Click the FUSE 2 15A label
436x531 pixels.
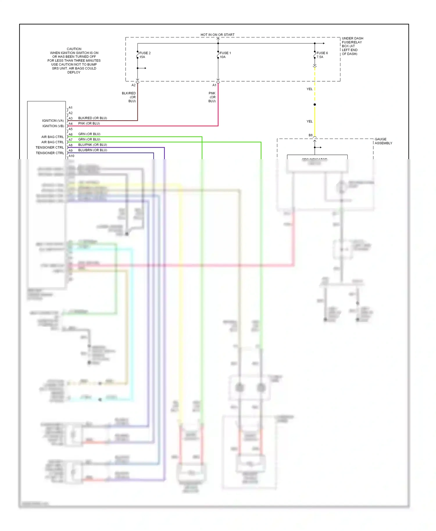(x=145, y=55)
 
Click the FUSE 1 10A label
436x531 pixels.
(x=225, y=55)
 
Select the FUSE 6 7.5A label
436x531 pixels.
(x=322, y=55)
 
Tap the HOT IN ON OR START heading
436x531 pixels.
(x=217, y=35)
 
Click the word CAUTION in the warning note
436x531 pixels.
(x=74, y=49)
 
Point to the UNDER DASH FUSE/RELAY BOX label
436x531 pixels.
(x=352, y=46)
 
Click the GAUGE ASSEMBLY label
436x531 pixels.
(x=383, y=141)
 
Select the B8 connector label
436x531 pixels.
(x=310, y=135)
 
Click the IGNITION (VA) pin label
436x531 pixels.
(x=53, y=121)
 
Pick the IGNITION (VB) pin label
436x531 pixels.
(x=53, y=126)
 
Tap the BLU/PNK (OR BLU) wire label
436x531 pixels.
(x=92, y=145)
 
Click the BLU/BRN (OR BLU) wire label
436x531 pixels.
(x=92, y=150)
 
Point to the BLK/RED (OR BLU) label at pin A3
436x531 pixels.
(x=92, y=118)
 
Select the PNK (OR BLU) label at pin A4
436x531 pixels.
(x=89, y=123)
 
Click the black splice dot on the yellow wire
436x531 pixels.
(x=315, y=105)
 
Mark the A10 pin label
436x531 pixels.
(x=71, y=156)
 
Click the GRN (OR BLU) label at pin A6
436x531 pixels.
(x=89, y=134)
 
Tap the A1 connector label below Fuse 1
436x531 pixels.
(x=214, y=85)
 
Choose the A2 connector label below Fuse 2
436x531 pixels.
(x=133, y=85)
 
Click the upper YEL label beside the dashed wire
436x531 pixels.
(x=310, y=89)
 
